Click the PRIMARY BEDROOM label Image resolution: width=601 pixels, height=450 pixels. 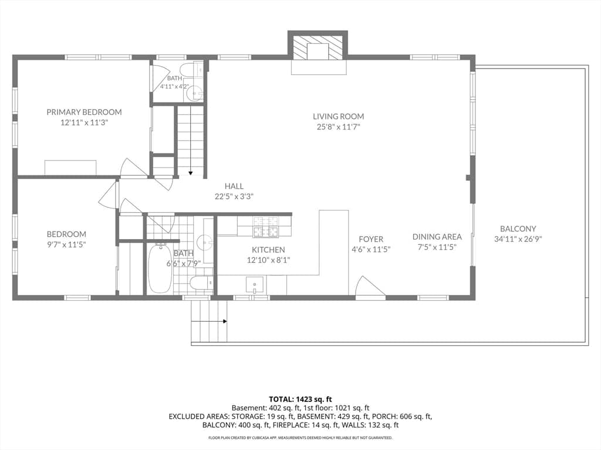pyautogui.click(x=84, y=112)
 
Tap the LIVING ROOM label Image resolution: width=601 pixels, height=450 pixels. pyautogui.click(x=338, y=117)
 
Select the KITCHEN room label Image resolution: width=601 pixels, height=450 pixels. pyautogui.click(x=268, y=250)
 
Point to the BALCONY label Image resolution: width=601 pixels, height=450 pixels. pyautogui.click(x=518, y=229)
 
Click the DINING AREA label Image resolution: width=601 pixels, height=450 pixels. pyautogui.click(x=437, y=237)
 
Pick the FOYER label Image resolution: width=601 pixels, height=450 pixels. pyautogui.click(x=371, y=239)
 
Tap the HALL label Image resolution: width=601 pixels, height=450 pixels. pyautogui.click(x=234, y=186)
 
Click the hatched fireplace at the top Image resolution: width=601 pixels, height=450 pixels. pyautogui.click(x=318, y=48)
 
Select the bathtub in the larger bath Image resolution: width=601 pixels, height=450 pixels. pyautogui.click(x=160, y=268)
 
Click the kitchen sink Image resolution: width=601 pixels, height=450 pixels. pyautogui.click(x=255, y=285)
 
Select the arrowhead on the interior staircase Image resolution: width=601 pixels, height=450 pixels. pyautogui.click(x=191, y=173)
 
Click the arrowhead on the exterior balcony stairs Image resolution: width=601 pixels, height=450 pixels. pyautogui.click(x=225, y=322)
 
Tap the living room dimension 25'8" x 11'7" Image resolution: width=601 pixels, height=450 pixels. pyautogui.click(x=338, y=127)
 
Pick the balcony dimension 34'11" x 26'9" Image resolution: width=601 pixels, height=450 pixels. pyautogui.click(x=518, y=239)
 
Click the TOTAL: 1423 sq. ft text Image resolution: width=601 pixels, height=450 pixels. pyautogui.click(x=300, y=400)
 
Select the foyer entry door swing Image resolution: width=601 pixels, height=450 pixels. pyautogui.click(x=370, y=286)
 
